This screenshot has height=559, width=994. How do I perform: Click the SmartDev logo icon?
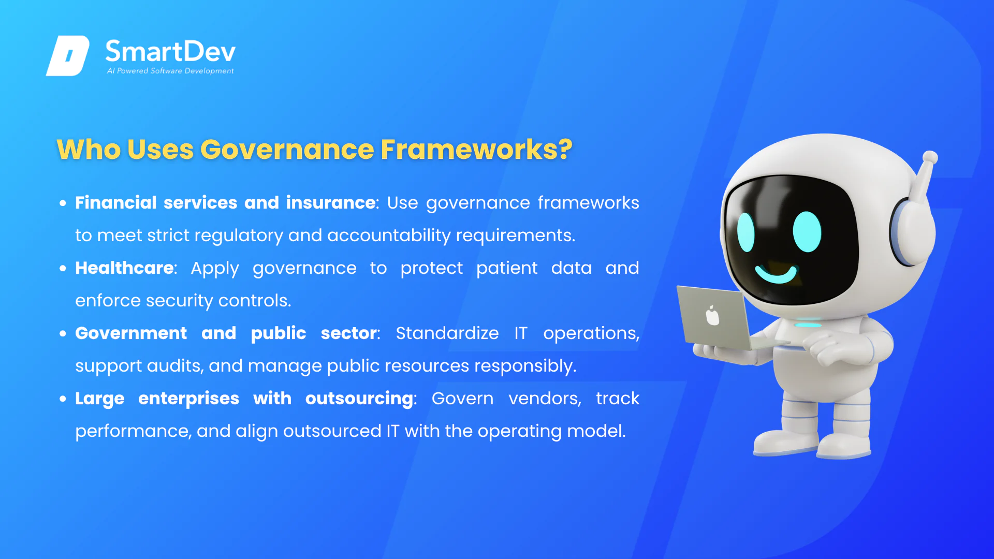tap(68, 56)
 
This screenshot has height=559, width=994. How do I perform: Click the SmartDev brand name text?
tap(170, 51)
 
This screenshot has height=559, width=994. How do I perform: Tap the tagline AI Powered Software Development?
tap(170, 71)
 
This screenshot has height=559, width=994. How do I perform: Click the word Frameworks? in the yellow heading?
tap(476, 150)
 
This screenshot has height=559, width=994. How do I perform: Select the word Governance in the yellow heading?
tap(287, 150)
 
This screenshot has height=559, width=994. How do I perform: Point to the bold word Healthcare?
tap(124, 268)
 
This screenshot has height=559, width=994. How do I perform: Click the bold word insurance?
tap(331, 202)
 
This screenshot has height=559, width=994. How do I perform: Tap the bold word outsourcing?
tap(359, 399)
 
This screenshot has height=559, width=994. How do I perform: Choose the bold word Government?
tap(131, 333)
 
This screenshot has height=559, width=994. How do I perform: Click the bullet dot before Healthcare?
tap(63, 268)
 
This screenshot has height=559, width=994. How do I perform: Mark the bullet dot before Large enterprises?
tap(63, 399)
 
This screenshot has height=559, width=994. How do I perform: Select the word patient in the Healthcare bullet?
tap(507, 268)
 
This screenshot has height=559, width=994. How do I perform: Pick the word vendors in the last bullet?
tap(545, 399)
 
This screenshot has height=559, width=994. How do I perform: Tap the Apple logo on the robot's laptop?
tap(713, 315)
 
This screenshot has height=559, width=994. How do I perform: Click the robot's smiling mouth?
tap(776, 273)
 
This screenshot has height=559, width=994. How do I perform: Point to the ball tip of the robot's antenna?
tap(930, 157)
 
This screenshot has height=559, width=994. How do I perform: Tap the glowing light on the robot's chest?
tap(808, 325)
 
